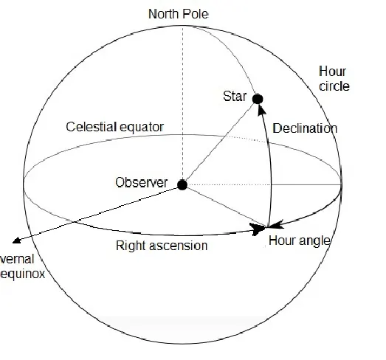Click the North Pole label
click(x=179, y=14)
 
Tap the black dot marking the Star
click(x=258, y=99)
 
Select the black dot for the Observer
click(x=182, y=185)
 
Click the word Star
click(x=235, y=96)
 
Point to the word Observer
click(x=142, y=183)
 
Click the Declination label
click(x=305, y=128)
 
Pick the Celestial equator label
click(x=114, y=127)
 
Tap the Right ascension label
click(x=162, y=246)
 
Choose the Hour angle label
click(x=300, y=240)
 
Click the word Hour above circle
click(x=332, y=72)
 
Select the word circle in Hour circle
click(x=334, y=86)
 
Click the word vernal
click(x=17, y=259)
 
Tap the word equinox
click(x=22, y=274)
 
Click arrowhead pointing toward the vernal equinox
click(x=16, y=240)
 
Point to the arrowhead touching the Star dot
click(x=261, y=109)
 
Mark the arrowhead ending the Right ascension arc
click(x=258, y=229)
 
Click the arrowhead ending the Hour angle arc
click(x=275, y=224)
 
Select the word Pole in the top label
click(x=196, y=14)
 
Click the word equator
click(x=142, y=128)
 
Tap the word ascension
click(x=178, y=246)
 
